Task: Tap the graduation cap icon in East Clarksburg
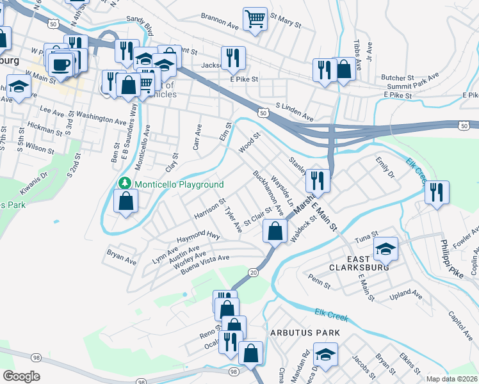(386, 248)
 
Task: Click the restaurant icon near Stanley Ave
(318, 180)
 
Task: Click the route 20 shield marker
(254, 273)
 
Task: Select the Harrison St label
(209, 209)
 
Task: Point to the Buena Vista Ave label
(205, 262)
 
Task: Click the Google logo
(21, 376)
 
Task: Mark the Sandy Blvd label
(140, 26)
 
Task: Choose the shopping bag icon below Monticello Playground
(126, 201)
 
